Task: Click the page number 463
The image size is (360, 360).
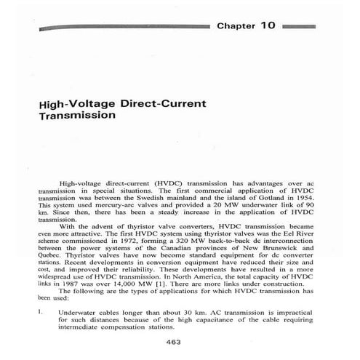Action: coord(174,342)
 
